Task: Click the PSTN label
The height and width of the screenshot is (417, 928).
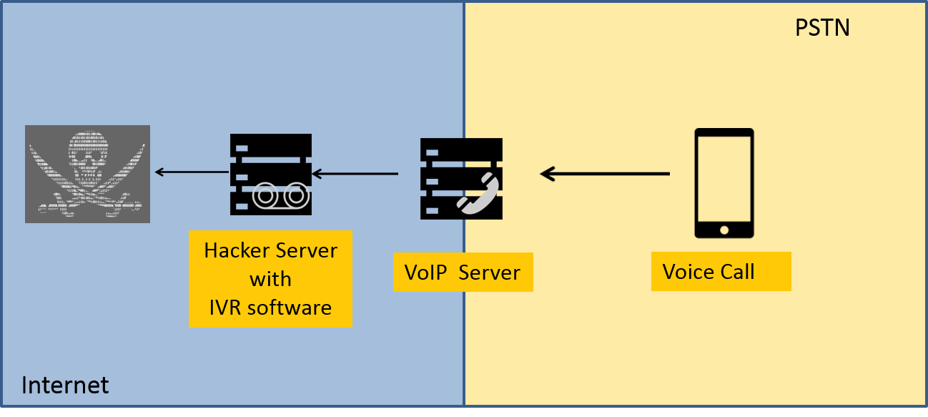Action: pos(822,28)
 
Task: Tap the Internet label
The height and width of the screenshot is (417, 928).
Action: pos(65,386)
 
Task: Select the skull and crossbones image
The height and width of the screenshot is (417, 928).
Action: pos(87,174)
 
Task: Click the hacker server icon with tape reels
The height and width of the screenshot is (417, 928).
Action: pos(270,175)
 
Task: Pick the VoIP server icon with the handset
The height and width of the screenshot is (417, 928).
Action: pos(461,179)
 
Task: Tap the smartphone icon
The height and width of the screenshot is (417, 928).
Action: pos(724,183)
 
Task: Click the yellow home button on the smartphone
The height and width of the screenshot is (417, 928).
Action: pos(724,230)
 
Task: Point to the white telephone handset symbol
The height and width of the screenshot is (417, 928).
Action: pos(478,193)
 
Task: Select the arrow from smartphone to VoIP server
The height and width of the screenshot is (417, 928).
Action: pos(604,174)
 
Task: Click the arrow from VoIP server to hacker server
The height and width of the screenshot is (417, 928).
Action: pos(355,173)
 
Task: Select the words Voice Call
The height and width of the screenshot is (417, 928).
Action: pos(709,273)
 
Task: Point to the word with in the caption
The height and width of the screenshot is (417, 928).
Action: pos(270,279)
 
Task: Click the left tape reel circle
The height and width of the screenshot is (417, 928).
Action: pos(265,196)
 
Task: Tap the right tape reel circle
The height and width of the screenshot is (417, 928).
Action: pos(295,196)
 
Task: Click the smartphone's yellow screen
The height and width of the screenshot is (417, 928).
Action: pos(724,179)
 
